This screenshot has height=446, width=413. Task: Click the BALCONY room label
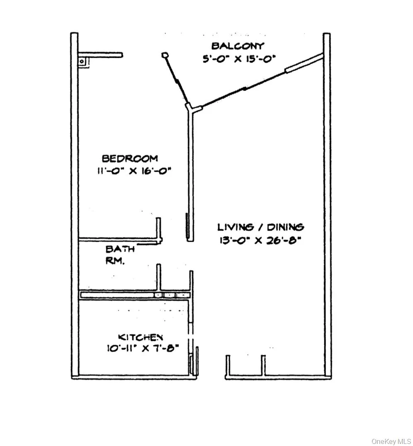pos(238,46)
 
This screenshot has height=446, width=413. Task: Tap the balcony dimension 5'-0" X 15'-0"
pos(239,58)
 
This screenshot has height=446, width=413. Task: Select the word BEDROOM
pos(130,158)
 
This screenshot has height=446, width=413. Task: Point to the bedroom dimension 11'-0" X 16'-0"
pos(134,171)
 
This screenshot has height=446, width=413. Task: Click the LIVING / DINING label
pos(261,227)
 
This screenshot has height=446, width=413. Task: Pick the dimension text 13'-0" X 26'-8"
pos(260,240)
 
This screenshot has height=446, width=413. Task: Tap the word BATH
pos(120,249)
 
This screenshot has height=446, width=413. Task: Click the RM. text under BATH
pos(115,261)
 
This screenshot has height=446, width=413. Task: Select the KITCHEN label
pos(140,337)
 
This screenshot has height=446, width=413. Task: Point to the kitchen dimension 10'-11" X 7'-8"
pos(143,348)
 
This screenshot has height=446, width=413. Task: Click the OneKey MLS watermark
pos(391,441)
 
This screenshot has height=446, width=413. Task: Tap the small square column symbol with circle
pos(83,62)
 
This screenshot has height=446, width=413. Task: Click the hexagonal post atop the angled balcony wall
pos(164,55)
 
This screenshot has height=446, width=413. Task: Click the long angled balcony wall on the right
pos(262,81)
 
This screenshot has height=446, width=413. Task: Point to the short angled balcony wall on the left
pos(176,80)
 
